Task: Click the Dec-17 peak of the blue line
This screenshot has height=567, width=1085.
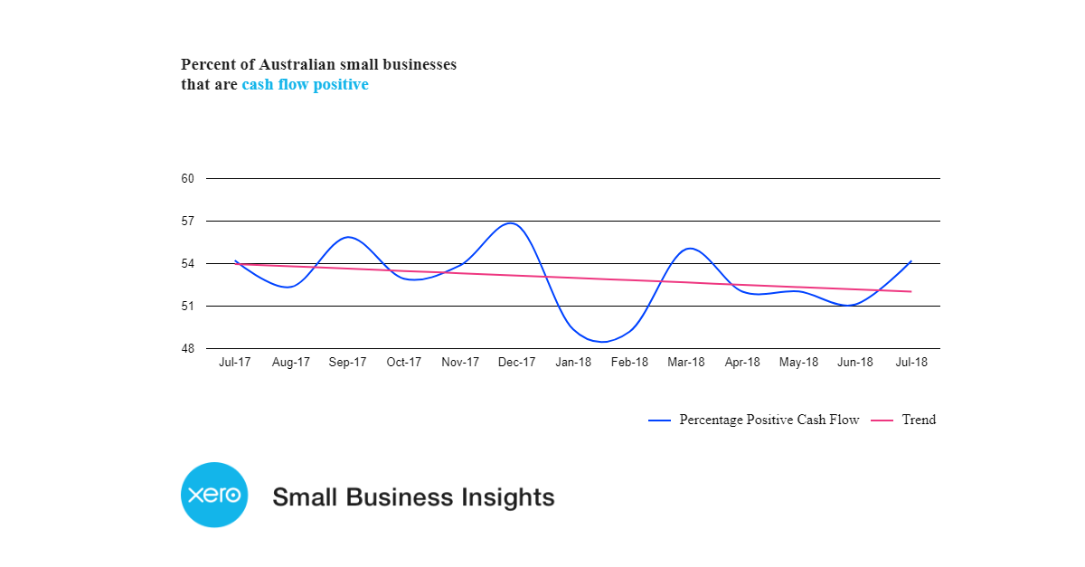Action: pyautogui.click(x=512, y=222)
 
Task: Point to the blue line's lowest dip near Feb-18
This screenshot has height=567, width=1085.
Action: pyautogui.click(x=603, y=342)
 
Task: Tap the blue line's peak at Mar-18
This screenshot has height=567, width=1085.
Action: pyautogui.click(x=689, y=248)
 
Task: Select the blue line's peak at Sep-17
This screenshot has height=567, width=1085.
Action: pyautogui.click(x=348, y=237)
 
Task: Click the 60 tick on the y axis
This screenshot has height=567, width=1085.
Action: pyautogui.click(x=188, y=179)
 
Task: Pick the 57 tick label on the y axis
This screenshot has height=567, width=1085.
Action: pyautogui.click(x=188, y=222)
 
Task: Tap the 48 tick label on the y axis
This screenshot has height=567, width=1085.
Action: pyautogui.click(x=188, y=349)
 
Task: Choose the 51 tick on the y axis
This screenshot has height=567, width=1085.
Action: pyautogui.click(x=188, y=307)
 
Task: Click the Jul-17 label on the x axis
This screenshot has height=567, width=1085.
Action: pyautogui.click(x=235, y=363)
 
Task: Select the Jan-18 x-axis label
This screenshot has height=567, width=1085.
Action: pyautogui.click(x=573, y=363)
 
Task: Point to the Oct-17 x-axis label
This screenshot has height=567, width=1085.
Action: pyautogui.click(x=404, y=363)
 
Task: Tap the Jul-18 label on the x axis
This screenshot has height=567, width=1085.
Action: pyautogui.click(x=910, y=363)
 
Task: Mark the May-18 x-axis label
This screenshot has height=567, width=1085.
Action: pyautogui.click(x=798, y=363)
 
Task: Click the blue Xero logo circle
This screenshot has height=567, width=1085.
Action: pyautogui.click(x=214, y=495)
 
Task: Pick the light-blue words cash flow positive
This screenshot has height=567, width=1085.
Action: pyautogui.click(x=305, y=85)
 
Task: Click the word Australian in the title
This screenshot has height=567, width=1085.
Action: pyautogui.click(x=297, y=65)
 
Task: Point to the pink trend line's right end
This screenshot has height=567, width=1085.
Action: pyautogui.click(x=910, y=291)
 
